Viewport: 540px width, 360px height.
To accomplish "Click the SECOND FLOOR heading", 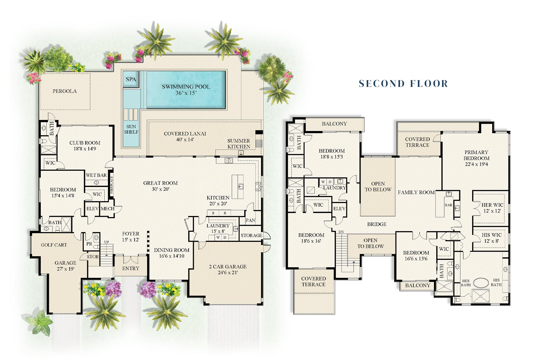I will tap(403, 84).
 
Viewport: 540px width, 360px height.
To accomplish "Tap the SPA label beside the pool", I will tap(131, 79).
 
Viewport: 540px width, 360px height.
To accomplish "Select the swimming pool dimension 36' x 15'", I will tap(186, 93).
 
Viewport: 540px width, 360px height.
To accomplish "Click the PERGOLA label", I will tap(64, 91).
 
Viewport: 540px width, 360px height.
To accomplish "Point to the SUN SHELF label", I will tap(131, 129).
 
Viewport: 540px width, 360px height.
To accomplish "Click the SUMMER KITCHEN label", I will tap(238, 143).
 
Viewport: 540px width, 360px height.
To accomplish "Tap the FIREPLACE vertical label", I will tap(111, 185).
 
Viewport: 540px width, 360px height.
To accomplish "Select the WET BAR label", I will tap(96, 175).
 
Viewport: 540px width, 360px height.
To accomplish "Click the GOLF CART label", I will tap(54, 245).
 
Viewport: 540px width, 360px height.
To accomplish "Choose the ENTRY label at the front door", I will tap(130, 268).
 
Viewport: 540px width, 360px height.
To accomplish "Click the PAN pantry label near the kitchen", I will tap(250, 220).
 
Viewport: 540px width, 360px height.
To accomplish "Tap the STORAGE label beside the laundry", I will tap(251, 235).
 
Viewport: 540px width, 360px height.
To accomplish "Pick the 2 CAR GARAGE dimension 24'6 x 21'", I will tap(228, 273).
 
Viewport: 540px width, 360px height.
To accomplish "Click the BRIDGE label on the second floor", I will tap(377, 224).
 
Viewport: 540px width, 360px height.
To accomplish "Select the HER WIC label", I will tap(492, 205).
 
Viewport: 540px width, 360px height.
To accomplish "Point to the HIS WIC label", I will tap(491, 235).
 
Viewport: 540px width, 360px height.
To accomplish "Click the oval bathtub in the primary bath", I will tap(481, 283).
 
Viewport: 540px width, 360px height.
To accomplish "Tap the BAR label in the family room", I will tap(448, 205).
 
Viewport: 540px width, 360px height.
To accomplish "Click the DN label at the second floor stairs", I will tap(341, 232).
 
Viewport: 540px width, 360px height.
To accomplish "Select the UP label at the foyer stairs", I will tap(106, 242).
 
